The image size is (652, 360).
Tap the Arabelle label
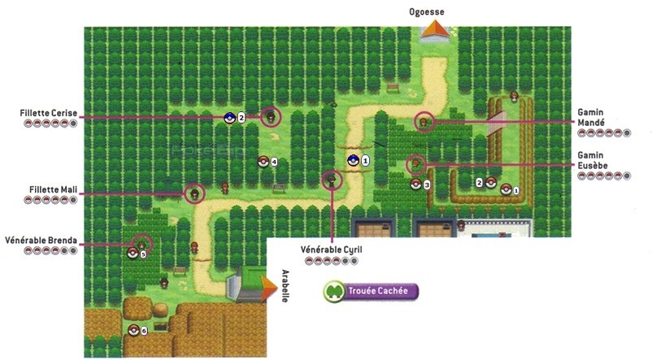tap(285, 285)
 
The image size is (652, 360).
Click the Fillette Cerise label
tap(49, 112)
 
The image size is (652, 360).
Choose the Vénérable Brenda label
tap(41, 241)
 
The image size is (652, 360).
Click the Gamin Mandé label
tap(619, 117)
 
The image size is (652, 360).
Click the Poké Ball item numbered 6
tap(134, 330)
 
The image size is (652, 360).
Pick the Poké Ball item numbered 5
tap(133, 253)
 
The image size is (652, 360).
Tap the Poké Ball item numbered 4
tap(263, 161)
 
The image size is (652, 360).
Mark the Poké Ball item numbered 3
tap(415, 184)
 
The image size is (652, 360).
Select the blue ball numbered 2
tap(229, 118)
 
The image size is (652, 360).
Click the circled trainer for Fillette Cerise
tap(271, 117)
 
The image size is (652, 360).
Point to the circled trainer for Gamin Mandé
tap(423, 122)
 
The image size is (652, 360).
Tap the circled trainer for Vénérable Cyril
tap(331, 180)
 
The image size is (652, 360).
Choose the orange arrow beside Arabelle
tap(265, 286)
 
